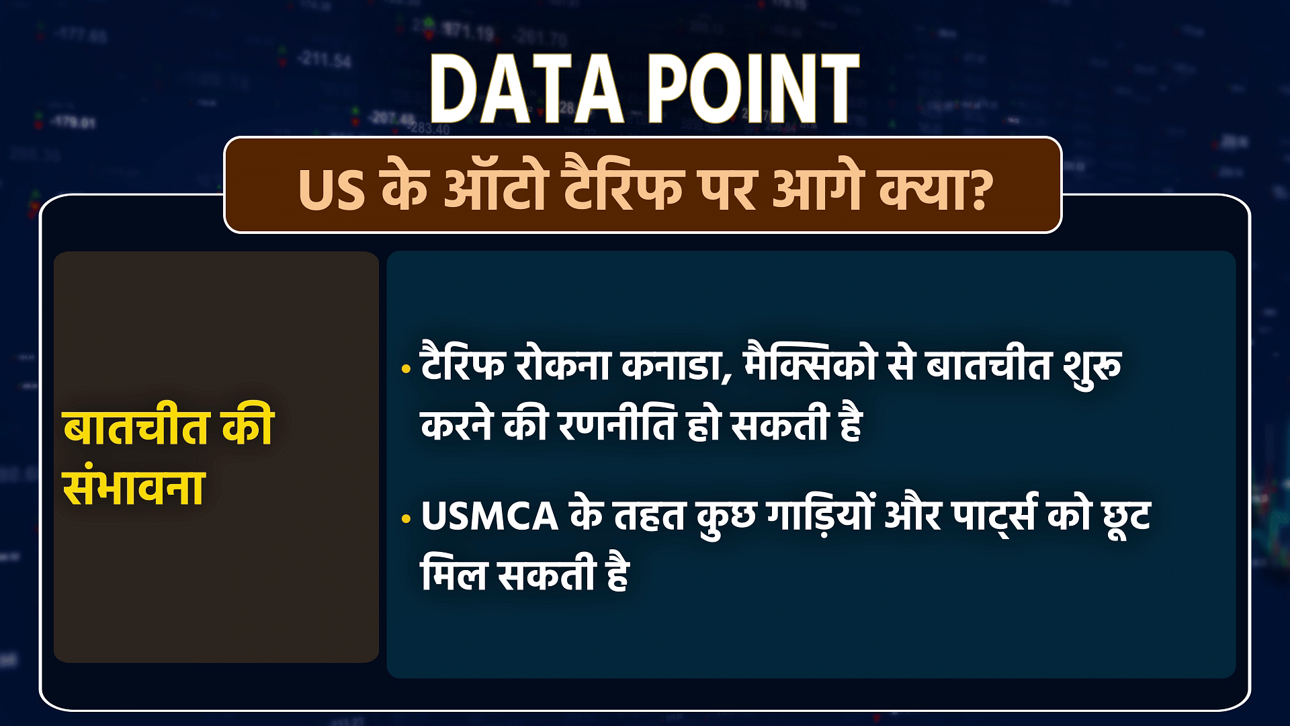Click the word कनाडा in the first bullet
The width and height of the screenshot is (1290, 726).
677,367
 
